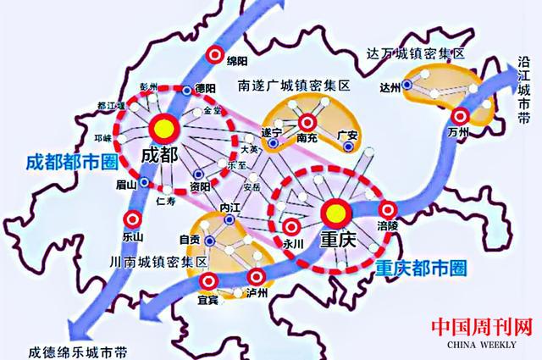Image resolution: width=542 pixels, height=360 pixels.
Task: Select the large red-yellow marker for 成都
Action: (163, 128)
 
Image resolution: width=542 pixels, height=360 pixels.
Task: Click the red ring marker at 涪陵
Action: (389, 210)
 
